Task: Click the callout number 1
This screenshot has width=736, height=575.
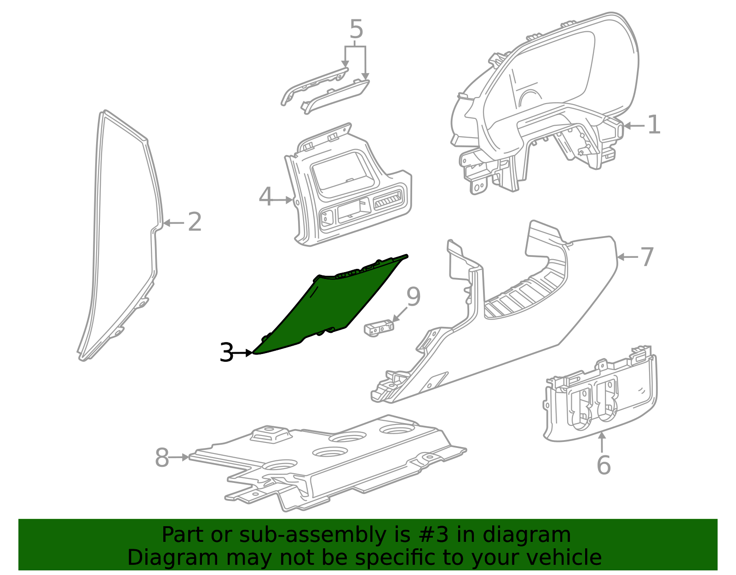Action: coord(654,125)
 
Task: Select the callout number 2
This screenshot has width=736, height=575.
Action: coord(195,222)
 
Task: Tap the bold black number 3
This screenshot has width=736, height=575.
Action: coord(226,353)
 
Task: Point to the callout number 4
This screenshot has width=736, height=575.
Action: coord(266,197)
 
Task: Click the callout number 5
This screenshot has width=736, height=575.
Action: coord(356,29)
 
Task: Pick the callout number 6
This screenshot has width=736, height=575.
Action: coord(604,465)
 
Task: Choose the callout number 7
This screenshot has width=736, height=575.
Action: coord(647,257)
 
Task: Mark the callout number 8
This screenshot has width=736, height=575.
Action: coord(162,458)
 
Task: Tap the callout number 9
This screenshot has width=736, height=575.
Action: coord(413,296)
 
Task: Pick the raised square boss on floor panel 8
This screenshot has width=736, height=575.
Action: coord(271,433)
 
